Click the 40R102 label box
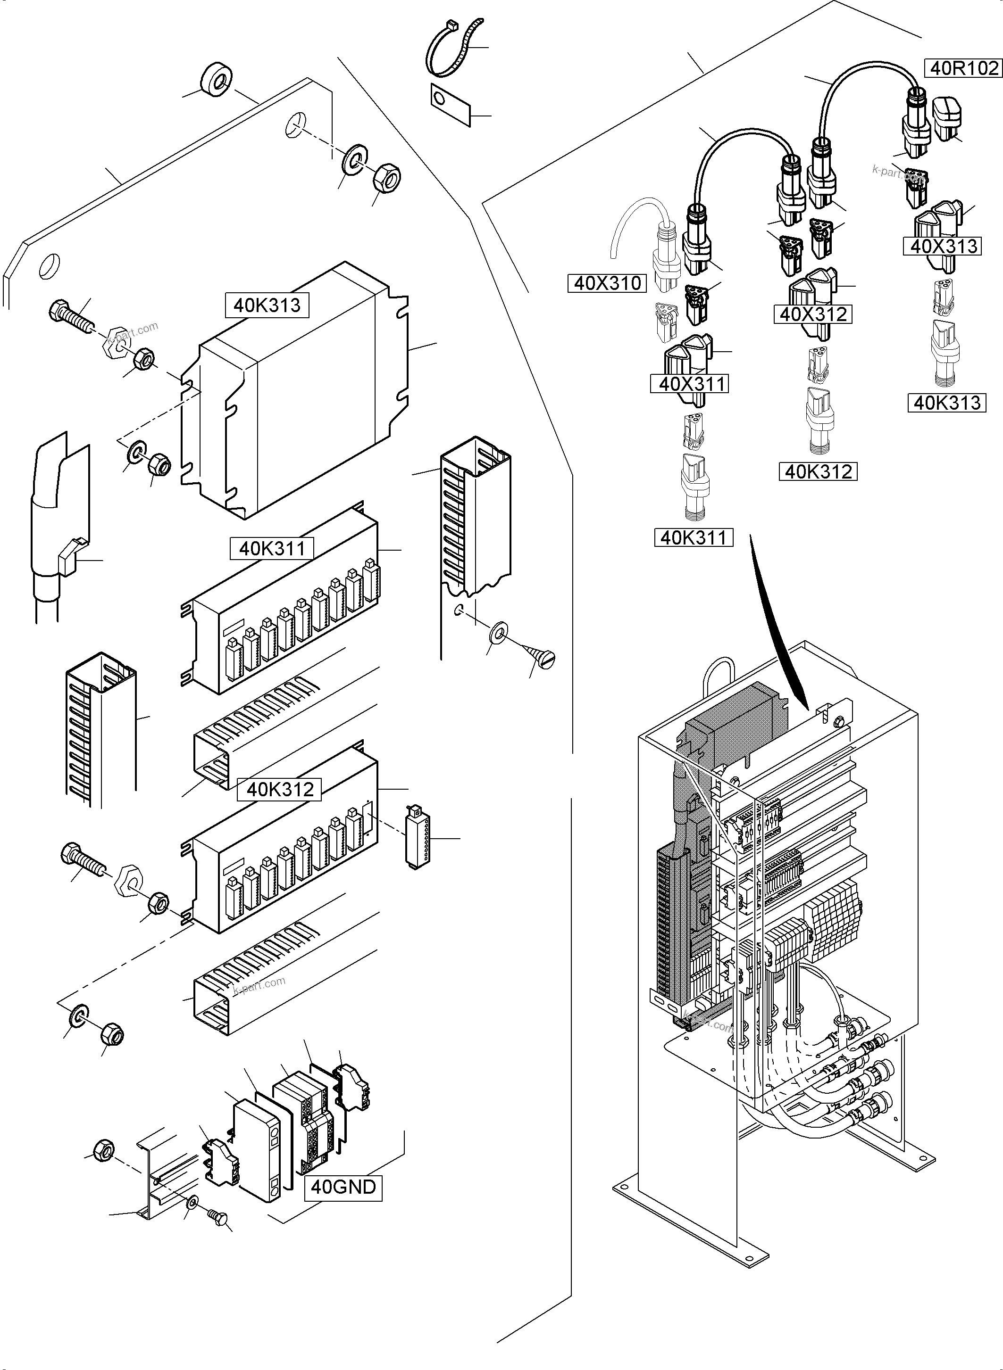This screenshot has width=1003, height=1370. (x=963, y=67)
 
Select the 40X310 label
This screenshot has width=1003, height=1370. (x=607, y=283)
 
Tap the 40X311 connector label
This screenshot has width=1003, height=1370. (x=689, y=384)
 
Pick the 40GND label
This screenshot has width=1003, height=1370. (x=343, y=1186)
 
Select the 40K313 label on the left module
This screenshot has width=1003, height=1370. (x=267, y=305)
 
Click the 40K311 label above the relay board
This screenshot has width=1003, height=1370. (x=271, y=548)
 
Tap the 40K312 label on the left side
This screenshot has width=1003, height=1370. (x=280, y=789)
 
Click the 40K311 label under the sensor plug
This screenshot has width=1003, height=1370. (x=694, y=537)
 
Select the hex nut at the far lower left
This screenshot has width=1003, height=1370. (x=104, y=1148)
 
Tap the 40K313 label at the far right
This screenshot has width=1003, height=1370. (x=946, y=403)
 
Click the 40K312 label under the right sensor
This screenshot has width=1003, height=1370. (x=818, y=471)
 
